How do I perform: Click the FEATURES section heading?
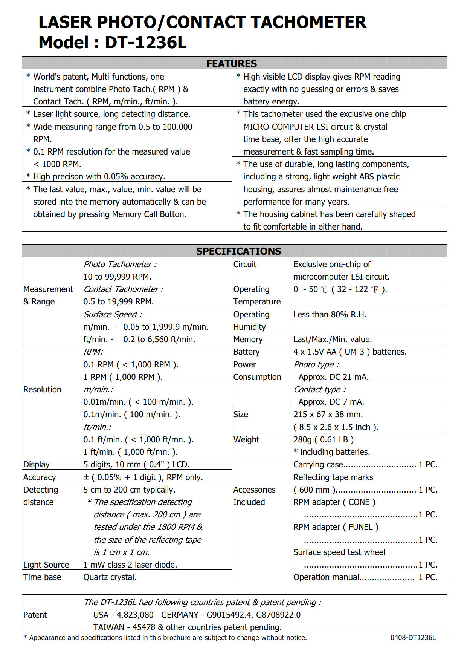[232, 63]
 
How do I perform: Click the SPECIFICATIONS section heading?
[238, 251]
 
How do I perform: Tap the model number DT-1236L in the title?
[145, 43]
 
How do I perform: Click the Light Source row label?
[46, 565]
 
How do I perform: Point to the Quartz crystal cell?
[110, 577]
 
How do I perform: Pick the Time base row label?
[42, 577]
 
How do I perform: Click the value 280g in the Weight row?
[302, 439]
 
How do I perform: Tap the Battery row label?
[246, 352]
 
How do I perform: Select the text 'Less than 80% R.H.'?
[330, 314]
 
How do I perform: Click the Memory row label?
[248, 339]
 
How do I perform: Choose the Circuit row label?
[245, 264]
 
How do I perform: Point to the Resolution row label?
[42, 389]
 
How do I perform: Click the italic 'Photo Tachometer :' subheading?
[120, 264]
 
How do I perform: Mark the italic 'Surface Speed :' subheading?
[113, 314]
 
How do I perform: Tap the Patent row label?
[35, 615]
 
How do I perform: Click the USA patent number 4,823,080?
[135, 615]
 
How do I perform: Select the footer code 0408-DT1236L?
[413, 637]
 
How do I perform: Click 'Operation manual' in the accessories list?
[326, 577]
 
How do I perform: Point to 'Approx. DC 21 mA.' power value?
[333, 377]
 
